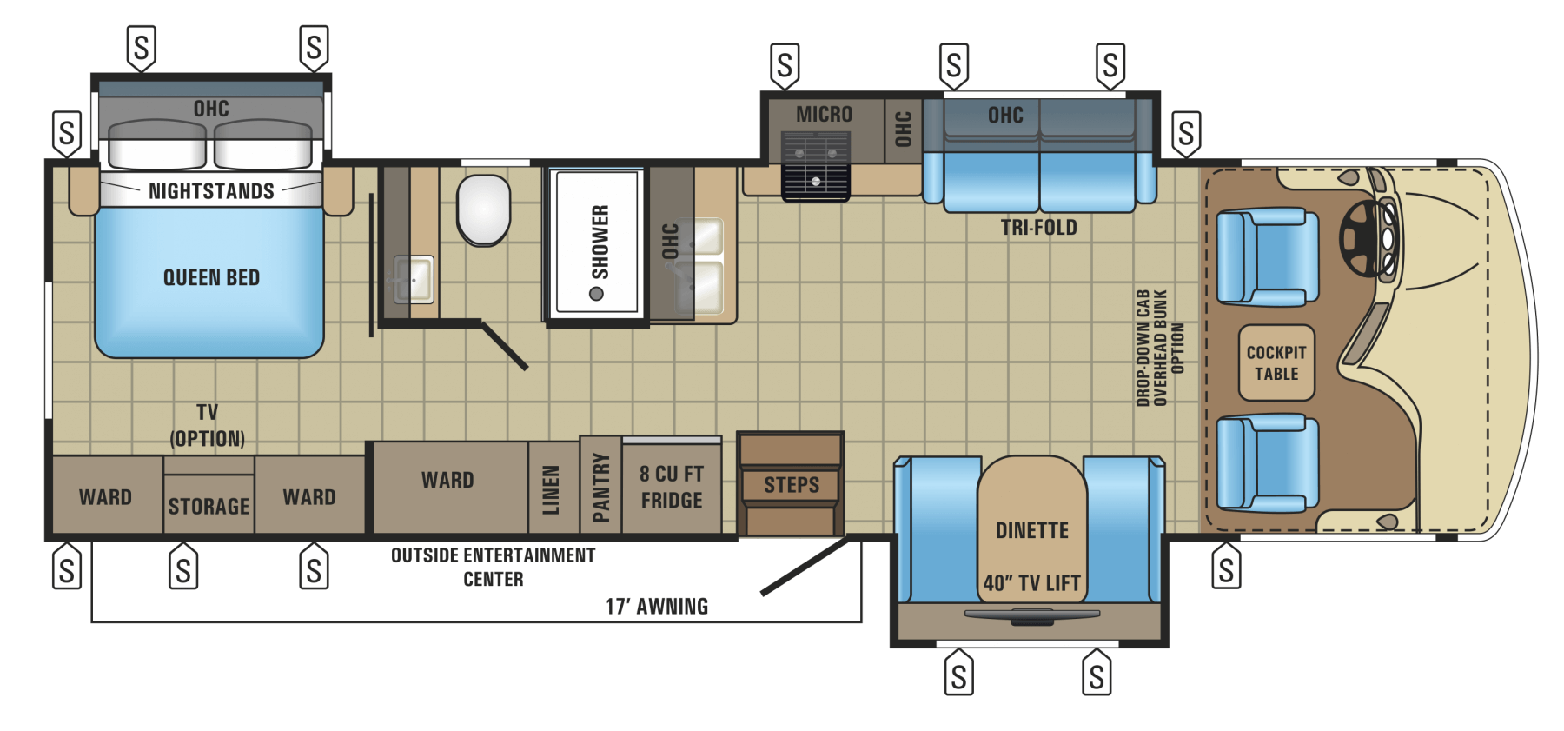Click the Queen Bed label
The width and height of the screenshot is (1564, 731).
click(x=211, y=278)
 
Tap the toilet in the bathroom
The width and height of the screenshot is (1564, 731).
click(x=484, y=210)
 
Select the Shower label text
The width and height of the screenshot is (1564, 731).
click(x=600, y=241)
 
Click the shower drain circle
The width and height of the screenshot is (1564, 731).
click(x=596, y=294)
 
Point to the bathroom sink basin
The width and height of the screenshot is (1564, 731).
click(x=414, y=279)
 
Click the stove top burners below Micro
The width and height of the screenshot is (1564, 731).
click(x=815, y=165)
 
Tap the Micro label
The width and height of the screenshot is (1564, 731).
click(x=824, y=115)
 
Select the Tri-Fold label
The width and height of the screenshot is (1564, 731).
click(x=1038, y=228)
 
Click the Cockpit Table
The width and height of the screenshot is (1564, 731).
click(x=1276, y=362)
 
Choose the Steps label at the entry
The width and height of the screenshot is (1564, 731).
click(x=792, y=485)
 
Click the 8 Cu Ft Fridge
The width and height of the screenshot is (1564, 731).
click(x=672, y=487)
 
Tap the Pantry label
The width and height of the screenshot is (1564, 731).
click(x=600, y=488)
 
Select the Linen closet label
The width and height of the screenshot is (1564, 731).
click(x=551, y=490)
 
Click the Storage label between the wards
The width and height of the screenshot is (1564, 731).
click(x=209, y=506)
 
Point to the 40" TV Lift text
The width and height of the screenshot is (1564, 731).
click(x=1032, y=583)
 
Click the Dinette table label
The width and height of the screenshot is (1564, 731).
click(x=1032, y=530)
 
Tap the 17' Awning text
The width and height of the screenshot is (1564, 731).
click(x=657, y=607)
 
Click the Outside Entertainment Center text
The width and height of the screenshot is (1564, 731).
click(x=494, y=567)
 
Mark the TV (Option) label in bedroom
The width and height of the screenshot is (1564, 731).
click(x=207, y=425)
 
